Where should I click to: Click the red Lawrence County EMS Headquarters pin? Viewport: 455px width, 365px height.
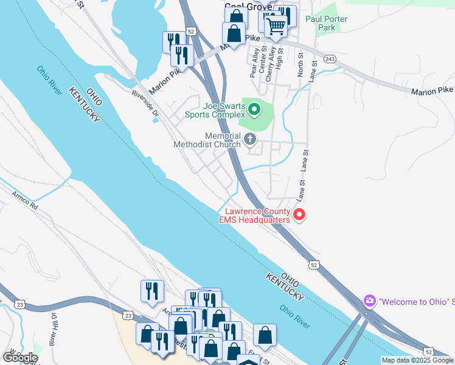click(x=299, y=214)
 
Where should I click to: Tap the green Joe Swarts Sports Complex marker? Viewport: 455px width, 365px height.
click(x=254, y=110)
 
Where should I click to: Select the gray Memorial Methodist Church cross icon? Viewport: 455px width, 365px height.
click(x=249, y=141)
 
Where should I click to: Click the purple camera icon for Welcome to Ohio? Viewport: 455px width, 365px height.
click(x=369, y=301)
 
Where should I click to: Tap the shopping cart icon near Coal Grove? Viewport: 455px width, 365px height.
click(x=276, y=26)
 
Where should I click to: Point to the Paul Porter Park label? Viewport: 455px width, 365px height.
click(x=327, y=23)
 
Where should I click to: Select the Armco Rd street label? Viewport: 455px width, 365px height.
click(x=24, y=201)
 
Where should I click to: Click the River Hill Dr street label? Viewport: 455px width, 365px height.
click(x=54, y=333)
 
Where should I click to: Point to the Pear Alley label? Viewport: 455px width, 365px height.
click(x=254, y=63)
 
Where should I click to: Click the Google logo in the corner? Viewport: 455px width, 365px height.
click(x=19, y=357)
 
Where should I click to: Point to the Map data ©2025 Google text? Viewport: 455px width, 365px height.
click(x=417, y=361)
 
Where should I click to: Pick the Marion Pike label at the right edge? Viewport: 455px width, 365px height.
click(x=432, y=91)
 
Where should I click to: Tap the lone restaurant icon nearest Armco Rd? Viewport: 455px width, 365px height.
click(x=151, y=291)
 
